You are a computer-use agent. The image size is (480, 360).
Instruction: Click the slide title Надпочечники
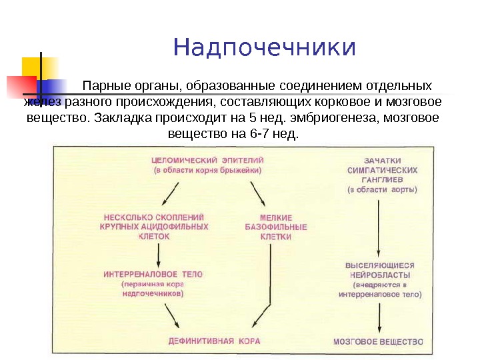pos(265,48)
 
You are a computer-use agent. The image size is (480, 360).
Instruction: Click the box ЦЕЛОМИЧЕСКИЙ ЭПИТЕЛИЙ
pos(208,161)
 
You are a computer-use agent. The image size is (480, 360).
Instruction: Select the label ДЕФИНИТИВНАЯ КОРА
pos(213,341)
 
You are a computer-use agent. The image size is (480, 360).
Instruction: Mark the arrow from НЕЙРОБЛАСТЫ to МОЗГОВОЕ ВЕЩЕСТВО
pos(379,316)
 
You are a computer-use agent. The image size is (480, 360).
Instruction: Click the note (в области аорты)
pos(382,189)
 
